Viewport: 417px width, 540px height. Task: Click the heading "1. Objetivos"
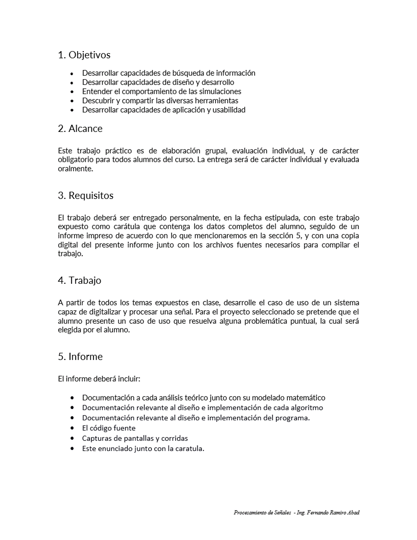pos(84,55)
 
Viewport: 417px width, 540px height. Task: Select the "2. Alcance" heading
pos(80,128)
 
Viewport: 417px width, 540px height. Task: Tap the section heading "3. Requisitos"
pos(86,195)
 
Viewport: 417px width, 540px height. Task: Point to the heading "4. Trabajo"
pos(80,280)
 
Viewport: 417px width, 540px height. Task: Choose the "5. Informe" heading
pos(80,356)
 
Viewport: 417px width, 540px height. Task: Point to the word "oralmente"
pos(76,169)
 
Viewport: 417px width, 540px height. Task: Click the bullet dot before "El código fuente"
pos(73,428)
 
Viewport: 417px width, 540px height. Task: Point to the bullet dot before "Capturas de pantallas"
pos(73,438)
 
